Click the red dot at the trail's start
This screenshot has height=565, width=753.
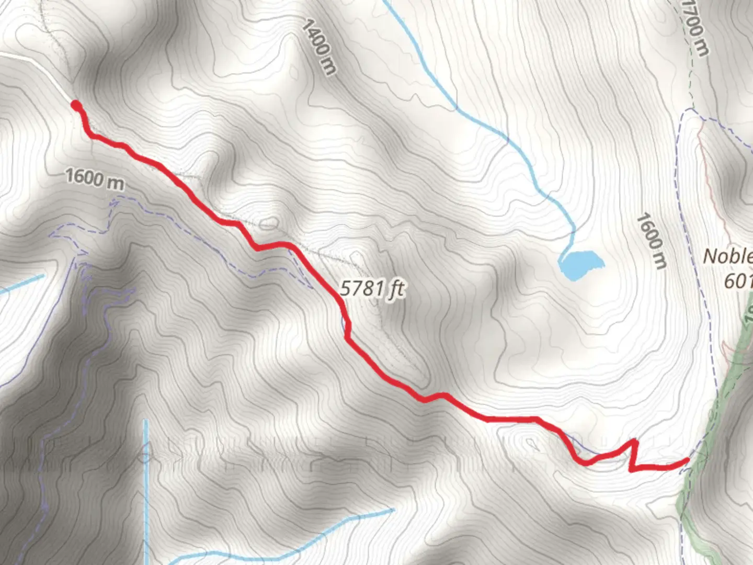76,106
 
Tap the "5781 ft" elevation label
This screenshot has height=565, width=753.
372,288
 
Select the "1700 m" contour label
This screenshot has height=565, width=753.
696,27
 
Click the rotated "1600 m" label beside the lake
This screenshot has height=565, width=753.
652,241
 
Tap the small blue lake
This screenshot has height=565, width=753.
580,264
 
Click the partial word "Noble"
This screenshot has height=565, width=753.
728,256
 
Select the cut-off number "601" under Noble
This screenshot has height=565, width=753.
738,281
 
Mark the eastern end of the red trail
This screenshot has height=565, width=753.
687,460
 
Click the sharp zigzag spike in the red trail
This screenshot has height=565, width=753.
635,445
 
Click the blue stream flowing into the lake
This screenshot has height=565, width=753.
502,136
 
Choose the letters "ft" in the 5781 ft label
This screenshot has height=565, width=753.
396,289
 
